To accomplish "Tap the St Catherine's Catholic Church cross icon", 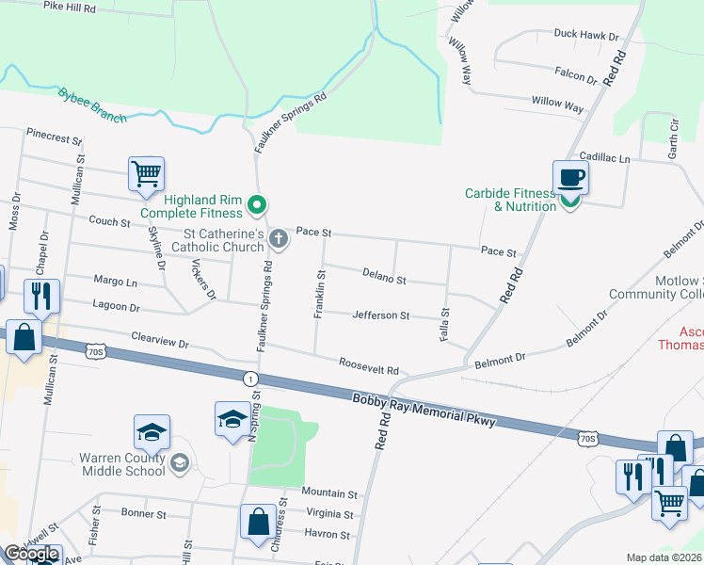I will pyautogui.click(x=278, y=238).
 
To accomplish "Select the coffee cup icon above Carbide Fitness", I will pyautogui.click(x=569, y=176).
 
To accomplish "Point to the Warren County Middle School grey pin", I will pyautogui.click(x=180, y=462).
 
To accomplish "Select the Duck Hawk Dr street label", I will pyautogui.click(x=585, y=36).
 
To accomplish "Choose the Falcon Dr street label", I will pyautogui.click(x=576, y=75).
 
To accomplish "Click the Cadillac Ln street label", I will pyautogui.click(x=604, y=158).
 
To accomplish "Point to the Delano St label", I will pyautogui.click(x=384, y=277).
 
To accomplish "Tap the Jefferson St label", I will pyautogui.click(x=380, y=315).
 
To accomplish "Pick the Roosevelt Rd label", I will pyautogui.click(x=369, y=365).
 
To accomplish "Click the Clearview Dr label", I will pyautogui.click(x=160, y=339).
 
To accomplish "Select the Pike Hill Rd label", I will pyautogui.click(x=70, y=7).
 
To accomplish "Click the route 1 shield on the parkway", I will pyautogui.click(x=249, y=379).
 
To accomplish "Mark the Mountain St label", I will pyautogui.click(x=329, y=492).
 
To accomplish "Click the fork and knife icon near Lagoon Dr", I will pyautogui.click(x=40, y=296).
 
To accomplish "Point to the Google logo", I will pyautogui.click(x=32, y=555).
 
